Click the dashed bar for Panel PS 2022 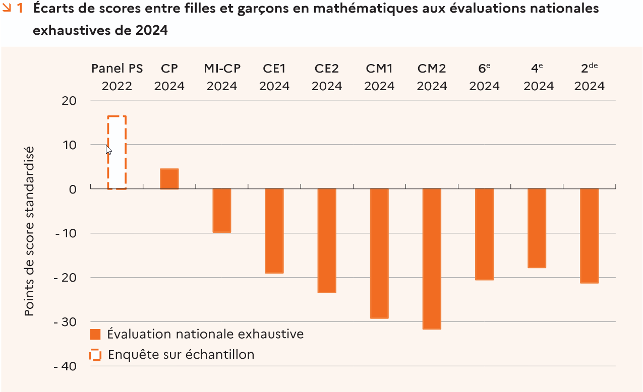116,153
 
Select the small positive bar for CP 169,179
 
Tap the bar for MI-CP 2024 221,211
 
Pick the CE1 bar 274,231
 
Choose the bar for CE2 327,241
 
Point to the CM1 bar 379,253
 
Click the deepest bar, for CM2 432,259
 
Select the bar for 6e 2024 484,234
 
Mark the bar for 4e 537,228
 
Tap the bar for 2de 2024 589,236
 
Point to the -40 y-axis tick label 65,366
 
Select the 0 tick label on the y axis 73,189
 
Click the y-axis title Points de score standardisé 30,231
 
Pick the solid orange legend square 95,334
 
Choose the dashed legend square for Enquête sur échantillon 95,355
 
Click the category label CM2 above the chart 432,69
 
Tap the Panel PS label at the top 117,69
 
